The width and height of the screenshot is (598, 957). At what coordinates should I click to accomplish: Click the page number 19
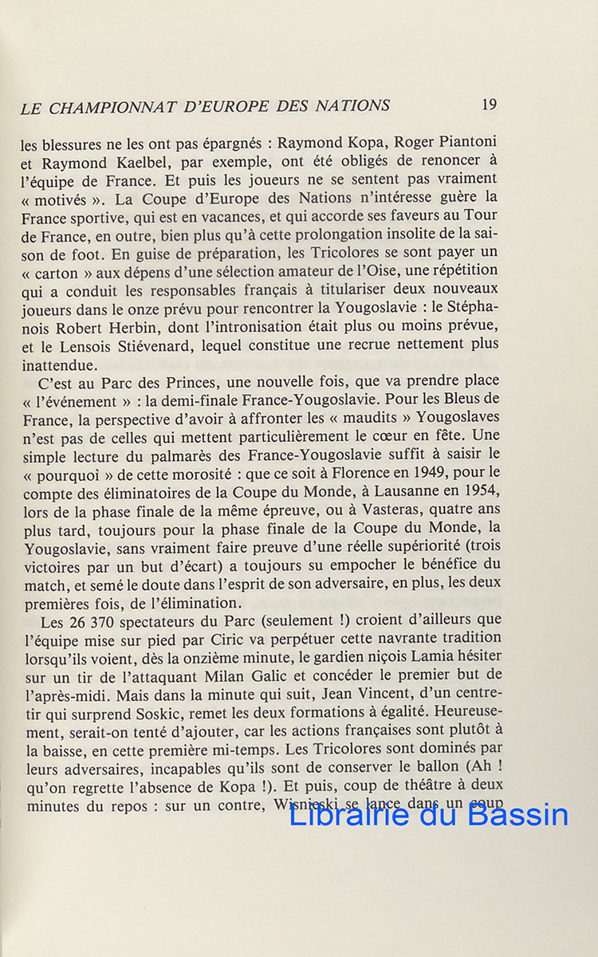pyautogui.click(x=490, y=104)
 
